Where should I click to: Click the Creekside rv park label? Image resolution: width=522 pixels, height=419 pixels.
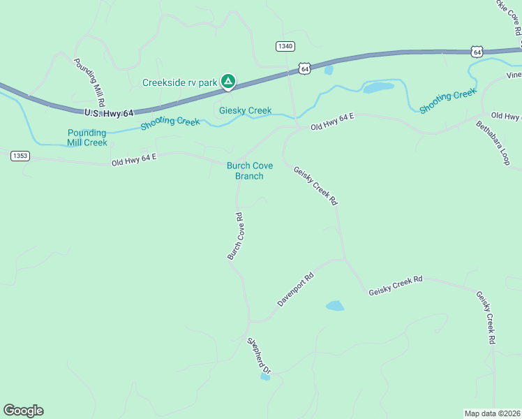coord(180,82)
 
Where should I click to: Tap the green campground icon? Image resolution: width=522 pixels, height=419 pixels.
coord(228,82)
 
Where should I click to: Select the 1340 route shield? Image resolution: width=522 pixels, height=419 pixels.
coord(285,46)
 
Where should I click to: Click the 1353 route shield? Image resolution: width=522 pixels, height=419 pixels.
coord(20,156)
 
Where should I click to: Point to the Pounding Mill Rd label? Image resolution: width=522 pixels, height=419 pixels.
coord(89,81)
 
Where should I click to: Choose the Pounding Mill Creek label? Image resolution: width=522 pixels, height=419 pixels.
coord(87,138)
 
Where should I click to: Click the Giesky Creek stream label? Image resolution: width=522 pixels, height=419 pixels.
coord(245,110)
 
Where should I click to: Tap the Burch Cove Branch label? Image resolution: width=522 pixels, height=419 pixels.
coord(249,171)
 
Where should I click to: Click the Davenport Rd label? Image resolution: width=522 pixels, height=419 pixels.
coord(296,290)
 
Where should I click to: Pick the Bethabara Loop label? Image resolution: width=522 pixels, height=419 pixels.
coord(493,143)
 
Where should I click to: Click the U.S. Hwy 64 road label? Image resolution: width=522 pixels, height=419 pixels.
coord(108,112)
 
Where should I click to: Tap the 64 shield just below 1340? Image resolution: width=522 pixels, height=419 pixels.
coord(304,68)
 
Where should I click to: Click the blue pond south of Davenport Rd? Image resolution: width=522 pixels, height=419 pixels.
coord(335,306)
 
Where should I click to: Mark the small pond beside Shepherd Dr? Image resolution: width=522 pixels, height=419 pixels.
coord(265,377)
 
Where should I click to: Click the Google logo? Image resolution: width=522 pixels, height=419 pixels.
coord(23,411)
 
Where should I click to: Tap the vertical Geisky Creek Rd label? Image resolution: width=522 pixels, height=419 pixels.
coord(485,318)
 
